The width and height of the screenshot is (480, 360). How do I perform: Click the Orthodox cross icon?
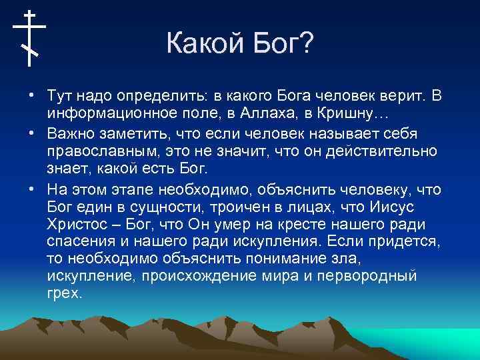pyautogui.click(x=29, y=38)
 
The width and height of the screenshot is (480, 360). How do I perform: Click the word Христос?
pyautogui.click(x=77, y=223)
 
